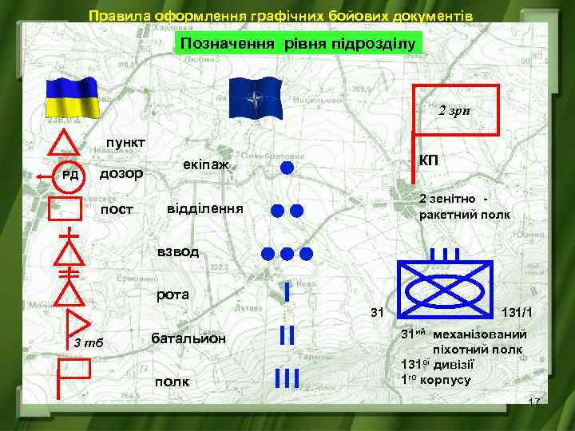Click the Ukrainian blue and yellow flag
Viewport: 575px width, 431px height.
click(x=71, y=98)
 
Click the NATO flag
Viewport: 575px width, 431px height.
click(x=256, y=101)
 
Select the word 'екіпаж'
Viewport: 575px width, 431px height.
click(x=206, y=164)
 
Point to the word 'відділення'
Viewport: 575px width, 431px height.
click(x=204, y=209)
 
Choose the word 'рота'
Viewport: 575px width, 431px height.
click(x=173, y=295)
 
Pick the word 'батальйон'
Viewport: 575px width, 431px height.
click(x=188, y=338)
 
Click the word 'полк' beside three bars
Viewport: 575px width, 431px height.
click(x=172, y=382)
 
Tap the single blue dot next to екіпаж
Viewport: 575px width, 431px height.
click(x=287, y=167)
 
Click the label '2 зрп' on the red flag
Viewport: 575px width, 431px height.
click(x=456, y=110)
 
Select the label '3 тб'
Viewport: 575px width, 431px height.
click(x=88, y=344)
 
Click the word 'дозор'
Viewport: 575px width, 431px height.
click(x=121, y=173)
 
